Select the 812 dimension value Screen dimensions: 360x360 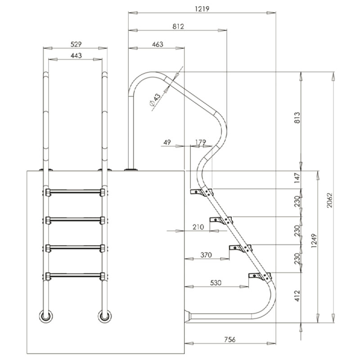(178, 27)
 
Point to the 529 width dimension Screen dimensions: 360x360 (75, 45)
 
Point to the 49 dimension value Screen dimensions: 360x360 (167, 142)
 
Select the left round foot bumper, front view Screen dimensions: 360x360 (46, 316)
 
